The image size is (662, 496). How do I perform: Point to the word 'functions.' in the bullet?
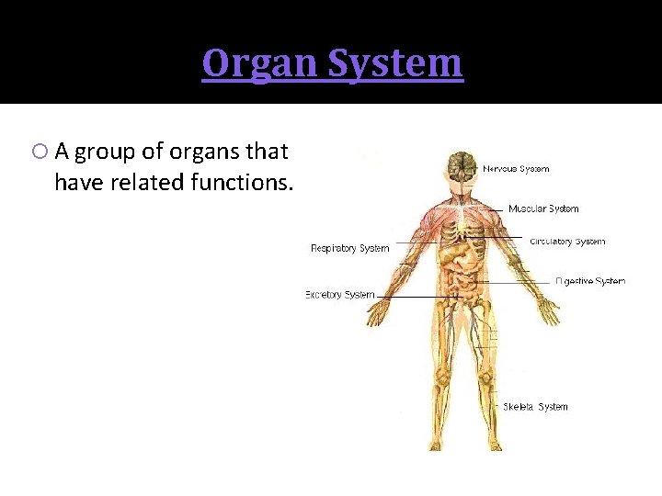pyautogui.click(x=242, y=183)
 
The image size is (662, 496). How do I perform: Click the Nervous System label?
pyautogui.click(x=516, y=169)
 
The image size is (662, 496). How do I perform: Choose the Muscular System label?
pyautogui.click(x=543, y=209)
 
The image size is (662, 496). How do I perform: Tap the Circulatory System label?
pyautogui.click(x=567, y=242)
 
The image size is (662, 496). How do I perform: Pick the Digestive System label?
pyautogui.click(x=590, y=281)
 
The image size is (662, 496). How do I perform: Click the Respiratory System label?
pyautogui.click(x=349, y=248)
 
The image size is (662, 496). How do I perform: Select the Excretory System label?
pyautogui.click(x=340, y=295)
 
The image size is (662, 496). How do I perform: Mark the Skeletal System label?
pyautogui.click(x=535, y=407)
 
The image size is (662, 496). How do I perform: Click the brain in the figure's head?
pyautogui.click(x=460, y=165)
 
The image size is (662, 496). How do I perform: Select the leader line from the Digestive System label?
pyautogui.click(x=515, y=281)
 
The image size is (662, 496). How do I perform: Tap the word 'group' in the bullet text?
pyautogui.click(x=103, y=151)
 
